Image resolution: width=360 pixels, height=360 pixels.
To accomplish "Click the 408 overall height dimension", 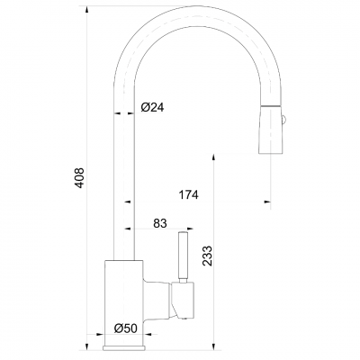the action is click(x=79, y=178).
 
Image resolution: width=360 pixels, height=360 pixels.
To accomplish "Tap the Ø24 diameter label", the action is click(x=152, y=107).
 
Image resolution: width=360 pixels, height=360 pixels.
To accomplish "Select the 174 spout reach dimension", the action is click(x=189, y=195).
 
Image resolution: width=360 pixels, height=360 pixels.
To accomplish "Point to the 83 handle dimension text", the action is click(x=160, y=223).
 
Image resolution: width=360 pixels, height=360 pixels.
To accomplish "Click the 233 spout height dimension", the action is click(x=207, y=256).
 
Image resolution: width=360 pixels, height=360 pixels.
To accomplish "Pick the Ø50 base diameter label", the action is click(x=126, y=328).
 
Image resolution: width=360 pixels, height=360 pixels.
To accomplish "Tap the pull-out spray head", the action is click(x=271, y=131).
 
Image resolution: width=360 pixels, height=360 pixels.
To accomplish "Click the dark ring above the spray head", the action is click(x=271, y=106).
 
